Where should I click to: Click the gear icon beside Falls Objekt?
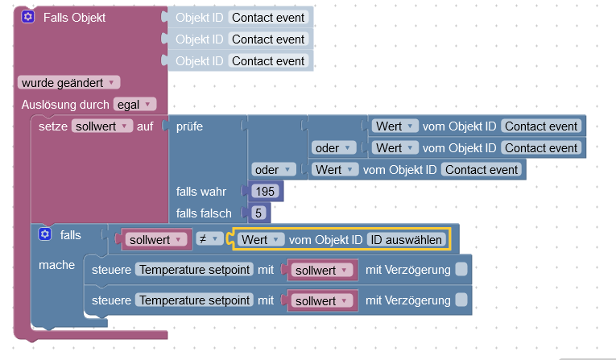[x=27, y=17]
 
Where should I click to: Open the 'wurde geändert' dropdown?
[x=68, y=82]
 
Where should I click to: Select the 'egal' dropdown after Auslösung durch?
[x=134, y=104]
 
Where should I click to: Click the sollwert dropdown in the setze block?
[x=102, y=126]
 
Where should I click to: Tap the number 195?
[x=266, y=192]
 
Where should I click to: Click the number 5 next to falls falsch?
[x=258, y=213]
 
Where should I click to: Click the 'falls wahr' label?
[x=201, y=192]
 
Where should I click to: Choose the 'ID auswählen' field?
[x=407, y=239]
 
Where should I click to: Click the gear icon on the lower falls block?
[x=45, y=234]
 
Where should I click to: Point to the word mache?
[x=56, y=265]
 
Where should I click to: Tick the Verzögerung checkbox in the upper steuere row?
[x=461, y=270]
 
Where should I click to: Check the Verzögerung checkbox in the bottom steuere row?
[x=461, y=300]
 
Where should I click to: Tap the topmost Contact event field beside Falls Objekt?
[x=268, y=17]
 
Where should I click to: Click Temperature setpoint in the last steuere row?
[x=194, y=300]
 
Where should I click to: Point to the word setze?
[x=53, y=126]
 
